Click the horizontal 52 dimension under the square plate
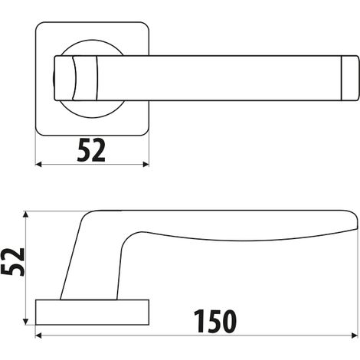91,150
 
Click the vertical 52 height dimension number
12,262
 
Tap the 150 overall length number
215,321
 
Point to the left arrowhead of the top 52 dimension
38,165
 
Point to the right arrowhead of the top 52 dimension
146,165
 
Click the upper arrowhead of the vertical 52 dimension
25,214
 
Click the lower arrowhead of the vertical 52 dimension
25,322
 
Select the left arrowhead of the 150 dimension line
38,335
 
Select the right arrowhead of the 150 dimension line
355,335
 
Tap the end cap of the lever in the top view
350,78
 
